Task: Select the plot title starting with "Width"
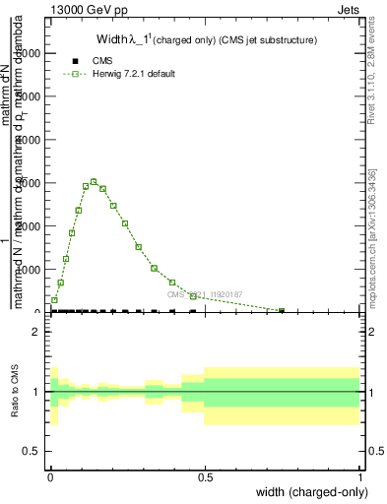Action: pos(206,40)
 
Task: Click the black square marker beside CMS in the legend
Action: pos(74,61)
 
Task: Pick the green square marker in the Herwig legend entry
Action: pos(74,74)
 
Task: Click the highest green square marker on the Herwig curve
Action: pos(93,182)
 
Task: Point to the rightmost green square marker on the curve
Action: pos(282,311)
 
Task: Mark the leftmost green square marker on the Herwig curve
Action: pos(54,299)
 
